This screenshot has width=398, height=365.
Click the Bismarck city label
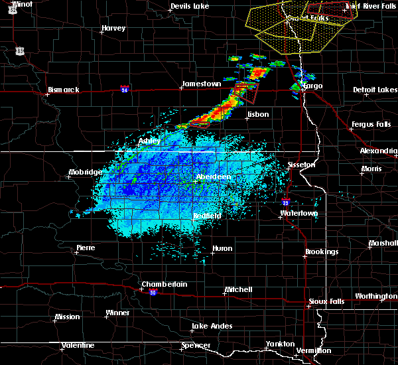(63, 90)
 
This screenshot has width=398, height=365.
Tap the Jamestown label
(201, 84)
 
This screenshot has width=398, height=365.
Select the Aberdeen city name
(214, 177)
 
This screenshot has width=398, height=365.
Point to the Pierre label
(85, 248)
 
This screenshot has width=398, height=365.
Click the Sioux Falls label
(327, 302)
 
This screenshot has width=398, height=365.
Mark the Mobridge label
(86, 173)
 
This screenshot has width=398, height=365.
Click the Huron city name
(222, 249)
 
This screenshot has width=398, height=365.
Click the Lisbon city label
(257, 114)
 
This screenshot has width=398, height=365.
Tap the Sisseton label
(300, 164)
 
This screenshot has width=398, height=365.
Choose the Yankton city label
(279, 344)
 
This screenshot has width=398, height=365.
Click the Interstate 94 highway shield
(124, 88)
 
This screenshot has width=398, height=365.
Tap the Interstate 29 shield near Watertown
(285, 202)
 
